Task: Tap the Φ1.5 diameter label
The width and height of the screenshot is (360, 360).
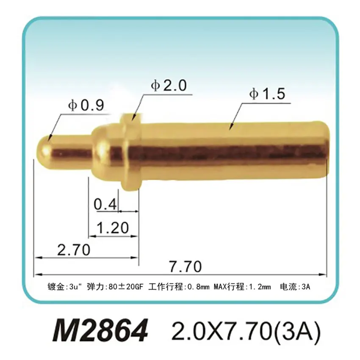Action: click(267, 94)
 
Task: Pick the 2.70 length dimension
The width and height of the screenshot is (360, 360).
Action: click(73, 250)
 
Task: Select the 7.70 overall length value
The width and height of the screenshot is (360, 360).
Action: click(184, 267)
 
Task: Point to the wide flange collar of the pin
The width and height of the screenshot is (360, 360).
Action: click(130, 152)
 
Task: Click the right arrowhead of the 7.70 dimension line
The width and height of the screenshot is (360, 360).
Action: click(324, 274)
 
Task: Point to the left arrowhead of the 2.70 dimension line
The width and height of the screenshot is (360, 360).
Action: click(37, 257)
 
